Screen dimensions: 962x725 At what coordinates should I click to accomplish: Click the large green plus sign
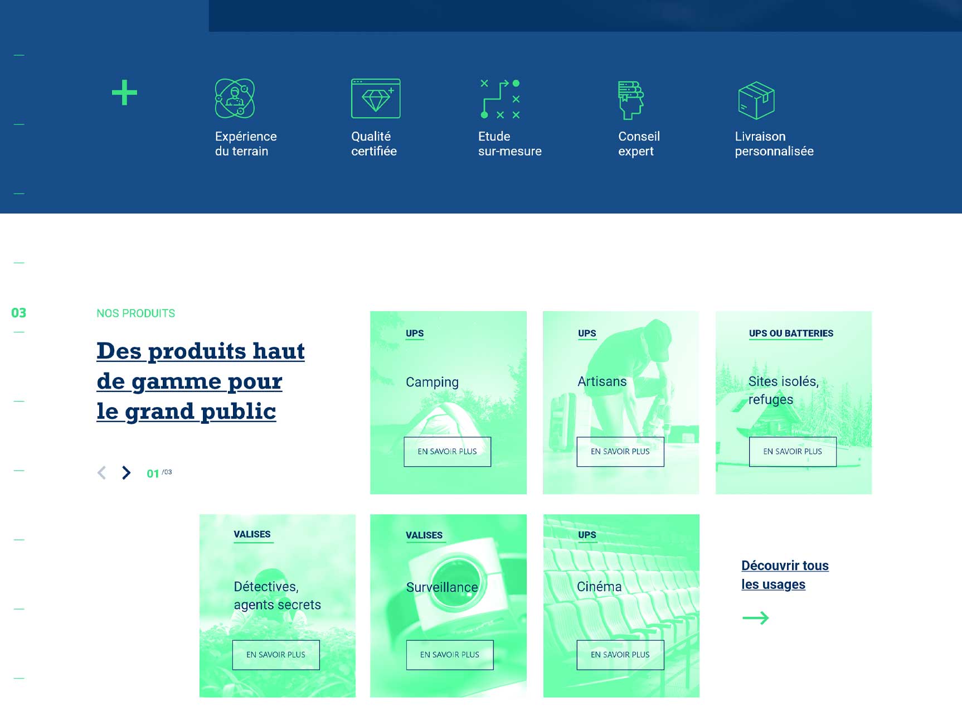[x=124, y=93]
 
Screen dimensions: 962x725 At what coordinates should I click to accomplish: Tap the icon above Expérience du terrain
[x=235, y=98]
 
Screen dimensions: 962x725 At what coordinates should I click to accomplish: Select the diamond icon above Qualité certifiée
[x=376, y=98]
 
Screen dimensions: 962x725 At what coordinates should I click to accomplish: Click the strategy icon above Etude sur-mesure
[x=501, y=99]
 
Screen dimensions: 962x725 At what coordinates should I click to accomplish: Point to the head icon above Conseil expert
[x=630, y=100]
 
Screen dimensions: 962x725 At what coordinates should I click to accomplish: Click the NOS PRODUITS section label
[x=136, y=313]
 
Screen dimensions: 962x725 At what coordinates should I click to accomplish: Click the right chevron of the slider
[x=127, y=473]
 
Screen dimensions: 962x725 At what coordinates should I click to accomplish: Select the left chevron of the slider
[x=101, y=473]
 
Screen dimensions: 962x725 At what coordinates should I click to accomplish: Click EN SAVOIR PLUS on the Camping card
[x=448, y=452]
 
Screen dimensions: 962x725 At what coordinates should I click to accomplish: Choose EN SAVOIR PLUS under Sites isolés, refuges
[x=793, y=452]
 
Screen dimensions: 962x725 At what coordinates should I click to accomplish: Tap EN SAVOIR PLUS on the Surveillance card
[x=450, y=655]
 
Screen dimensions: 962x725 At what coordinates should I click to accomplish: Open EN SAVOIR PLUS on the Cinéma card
[x=620, y=655]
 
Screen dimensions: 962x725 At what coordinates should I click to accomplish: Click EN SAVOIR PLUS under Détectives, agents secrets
[x=276, y=655]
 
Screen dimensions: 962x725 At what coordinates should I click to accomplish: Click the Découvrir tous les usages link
[x=785, y=575]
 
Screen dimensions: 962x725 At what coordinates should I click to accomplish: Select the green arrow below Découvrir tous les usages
[x=756, y=618]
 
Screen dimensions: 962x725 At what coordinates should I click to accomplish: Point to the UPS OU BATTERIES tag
[x=791, y=333]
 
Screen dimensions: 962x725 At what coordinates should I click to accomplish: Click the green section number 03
[x=19, y=313]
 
